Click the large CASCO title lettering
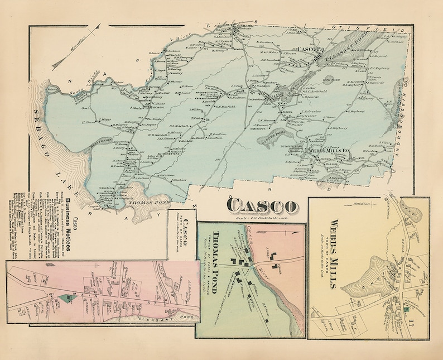(261, 205)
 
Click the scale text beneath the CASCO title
(261, 217)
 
